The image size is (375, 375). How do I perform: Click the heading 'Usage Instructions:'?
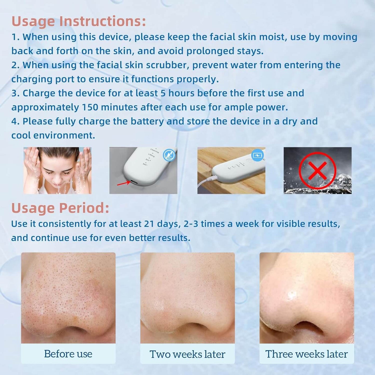tap(79, 21)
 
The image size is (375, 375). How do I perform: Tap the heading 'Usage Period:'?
tap(60, 208)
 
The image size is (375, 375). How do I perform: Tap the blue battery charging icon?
tap(258, 155)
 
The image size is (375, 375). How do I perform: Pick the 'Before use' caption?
tap(68, 354)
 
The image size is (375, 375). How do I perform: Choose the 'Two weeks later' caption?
tap(187, 354)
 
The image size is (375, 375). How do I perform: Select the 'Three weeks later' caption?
tap(307, 354)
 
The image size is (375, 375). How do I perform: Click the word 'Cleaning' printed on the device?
tap(155, 151)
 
